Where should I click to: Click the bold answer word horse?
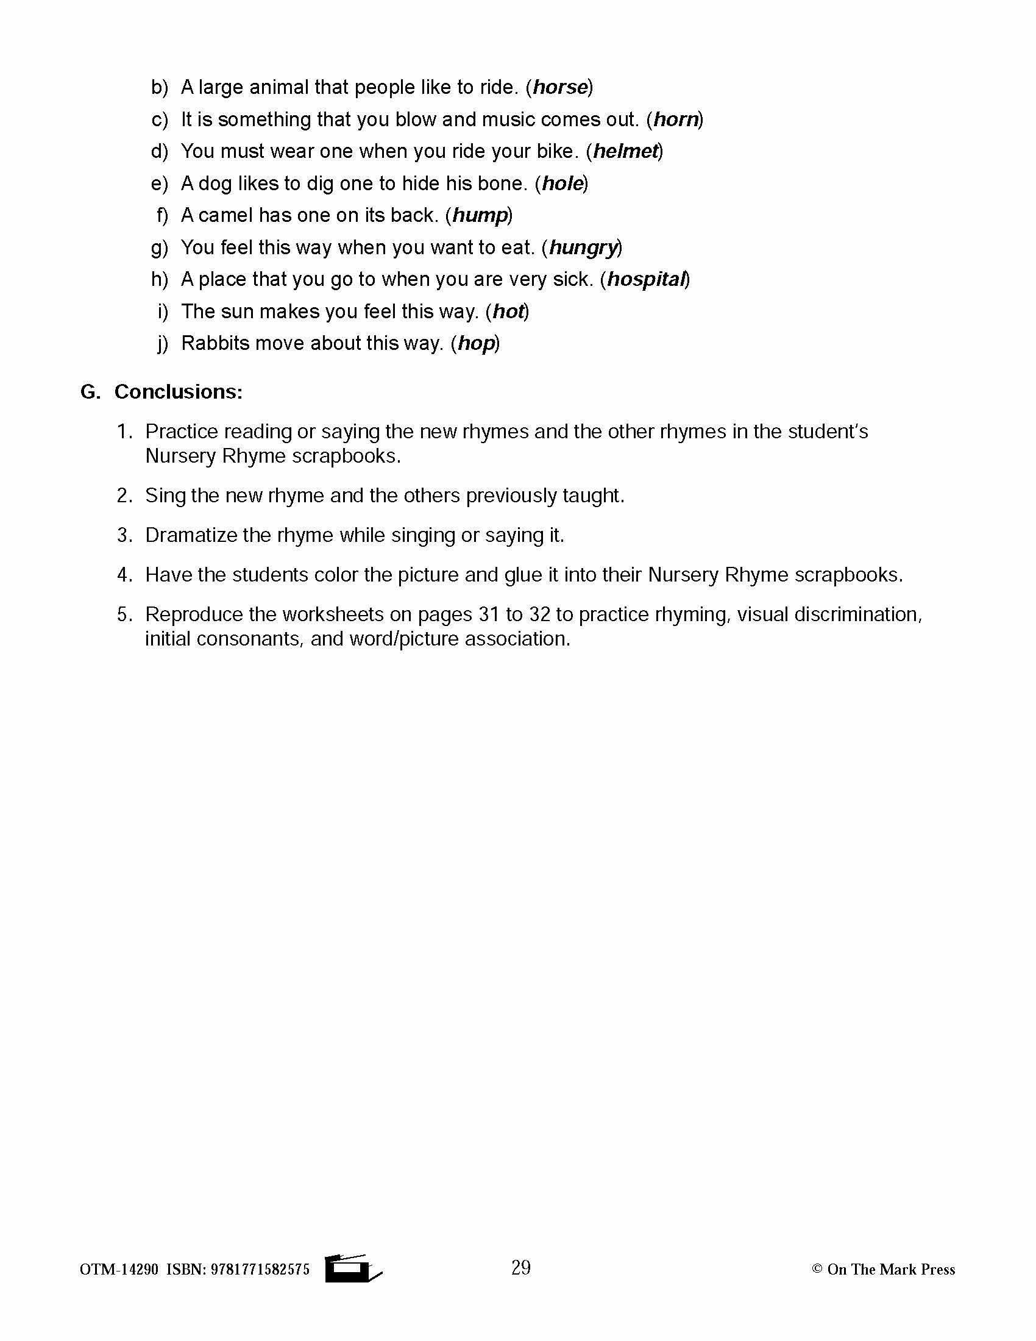click(x=559, y=87)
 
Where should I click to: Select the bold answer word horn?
click(x=676, y=119)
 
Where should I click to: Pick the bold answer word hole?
click(x=562, y=183)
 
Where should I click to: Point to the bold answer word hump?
click(x=480, y=216)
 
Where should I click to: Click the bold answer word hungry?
click(x=583, y=247)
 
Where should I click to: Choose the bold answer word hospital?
click(x=645, y=279)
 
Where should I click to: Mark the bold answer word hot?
click(x=508, y=311)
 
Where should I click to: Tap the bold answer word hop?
click(x=477, y=343)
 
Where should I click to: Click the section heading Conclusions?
click(x=178, y=392)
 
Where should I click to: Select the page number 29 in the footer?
click(x=520, y=1267)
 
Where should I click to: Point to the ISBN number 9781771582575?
click(x=260, y=1270)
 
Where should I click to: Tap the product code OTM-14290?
click(x=119, y=1270)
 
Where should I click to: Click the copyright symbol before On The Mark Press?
click(x=817, y=1268)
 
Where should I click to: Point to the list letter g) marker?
click(x=159, y=247)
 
